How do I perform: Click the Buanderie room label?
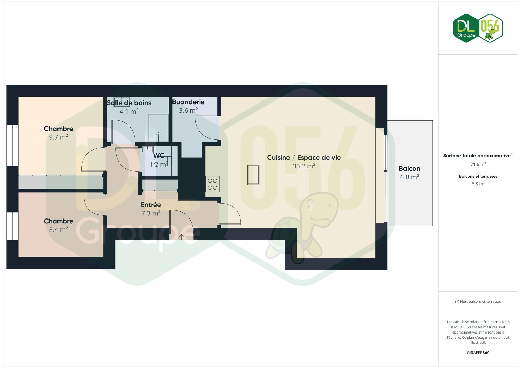click(188, 102)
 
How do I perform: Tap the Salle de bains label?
click(129, 103)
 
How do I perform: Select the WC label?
click(159, 156)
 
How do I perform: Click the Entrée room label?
click(151, 205)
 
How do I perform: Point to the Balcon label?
click(409, 168)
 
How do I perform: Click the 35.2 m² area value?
click(304, 166)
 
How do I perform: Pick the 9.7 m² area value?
click(59, 137)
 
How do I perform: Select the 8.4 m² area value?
click(59, 229)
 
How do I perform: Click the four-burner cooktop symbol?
click(213, 184)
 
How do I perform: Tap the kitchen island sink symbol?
click(253, 175)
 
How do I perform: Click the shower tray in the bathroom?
click(158, 128)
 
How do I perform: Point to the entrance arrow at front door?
click(181, 237)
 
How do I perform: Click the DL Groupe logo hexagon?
click(466, 28)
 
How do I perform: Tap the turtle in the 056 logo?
click(490, 34)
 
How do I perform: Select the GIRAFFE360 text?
click(478, 353)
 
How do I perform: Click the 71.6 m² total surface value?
click(478, 164)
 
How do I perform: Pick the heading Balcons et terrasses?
click(478, 176)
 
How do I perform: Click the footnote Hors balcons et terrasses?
click(478, 302)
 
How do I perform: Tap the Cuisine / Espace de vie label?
click(304, 157)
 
